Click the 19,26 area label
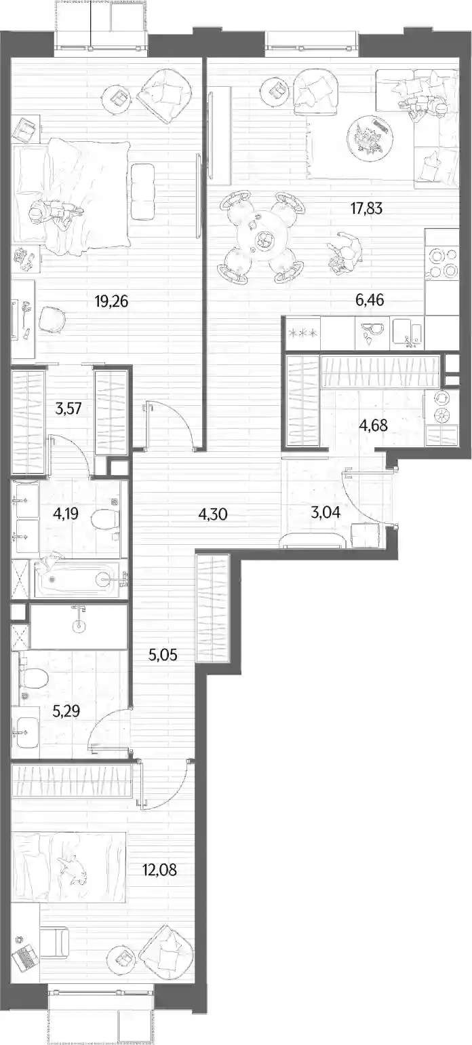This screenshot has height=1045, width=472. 111,301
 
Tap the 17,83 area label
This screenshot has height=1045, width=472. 366,208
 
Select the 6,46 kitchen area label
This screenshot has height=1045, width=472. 370,300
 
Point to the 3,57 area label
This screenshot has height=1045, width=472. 68,408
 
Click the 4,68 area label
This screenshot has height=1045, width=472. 374,425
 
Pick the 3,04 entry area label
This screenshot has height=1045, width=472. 326,513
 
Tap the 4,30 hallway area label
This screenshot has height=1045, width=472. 213,514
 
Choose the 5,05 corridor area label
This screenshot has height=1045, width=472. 163,655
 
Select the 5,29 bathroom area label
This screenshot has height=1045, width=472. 66,711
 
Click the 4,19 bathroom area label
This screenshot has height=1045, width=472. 65,514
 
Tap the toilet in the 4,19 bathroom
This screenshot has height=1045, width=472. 106,518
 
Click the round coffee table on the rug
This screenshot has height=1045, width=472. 371,136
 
